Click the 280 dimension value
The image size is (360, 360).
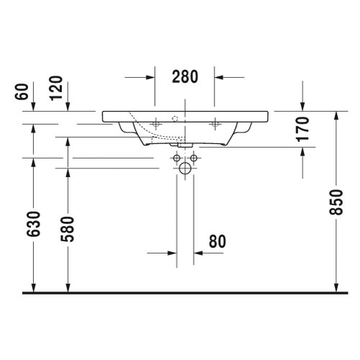pos(185,76)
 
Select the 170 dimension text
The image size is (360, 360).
pos(302,128)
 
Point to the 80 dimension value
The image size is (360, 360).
pos(217,241)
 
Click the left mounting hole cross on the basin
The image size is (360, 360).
pos(156,124)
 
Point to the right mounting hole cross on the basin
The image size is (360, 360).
pos(215,124)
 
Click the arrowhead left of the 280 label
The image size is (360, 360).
pos(150,76)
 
